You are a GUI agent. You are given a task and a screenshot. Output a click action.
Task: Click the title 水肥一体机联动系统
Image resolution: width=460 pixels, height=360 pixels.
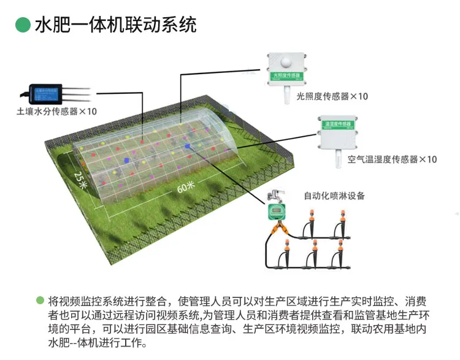115,25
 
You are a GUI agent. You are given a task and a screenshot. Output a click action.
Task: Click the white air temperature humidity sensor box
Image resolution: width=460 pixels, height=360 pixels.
336,132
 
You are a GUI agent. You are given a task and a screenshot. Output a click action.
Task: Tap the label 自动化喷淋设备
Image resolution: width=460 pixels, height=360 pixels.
334,196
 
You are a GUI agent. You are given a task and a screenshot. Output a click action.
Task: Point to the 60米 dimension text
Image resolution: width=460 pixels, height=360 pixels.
185,186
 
